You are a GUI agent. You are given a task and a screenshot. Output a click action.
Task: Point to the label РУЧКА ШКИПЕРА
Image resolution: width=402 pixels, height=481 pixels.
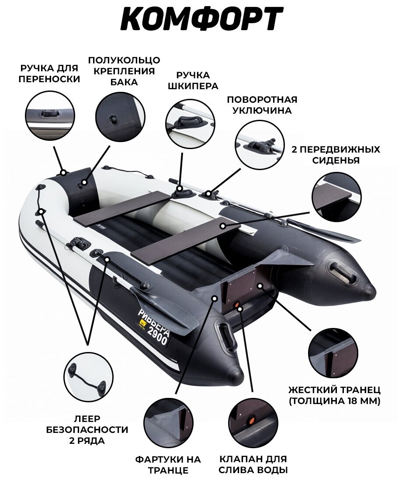(x=193, y=81)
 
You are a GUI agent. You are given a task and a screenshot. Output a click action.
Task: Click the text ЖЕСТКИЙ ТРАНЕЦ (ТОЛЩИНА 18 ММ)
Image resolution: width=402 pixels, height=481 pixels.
(x=335, y=395)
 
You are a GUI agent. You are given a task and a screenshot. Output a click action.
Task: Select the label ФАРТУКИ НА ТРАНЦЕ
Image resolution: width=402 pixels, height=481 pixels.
(x=168, y=465)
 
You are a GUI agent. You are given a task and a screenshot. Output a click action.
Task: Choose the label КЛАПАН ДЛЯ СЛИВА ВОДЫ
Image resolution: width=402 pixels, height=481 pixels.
(x=253, y=465)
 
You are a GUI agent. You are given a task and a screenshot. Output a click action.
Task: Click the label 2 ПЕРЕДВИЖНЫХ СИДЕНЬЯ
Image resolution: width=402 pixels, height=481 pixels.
(x=336, y=155)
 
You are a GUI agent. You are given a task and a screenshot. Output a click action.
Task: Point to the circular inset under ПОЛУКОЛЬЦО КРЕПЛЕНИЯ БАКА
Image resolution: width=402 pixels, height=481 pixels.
(x=120, y=115)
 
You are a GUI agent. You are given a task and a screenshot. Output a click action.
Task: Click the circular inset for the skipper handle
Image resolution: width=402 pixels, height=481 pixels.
(x=191, y=124)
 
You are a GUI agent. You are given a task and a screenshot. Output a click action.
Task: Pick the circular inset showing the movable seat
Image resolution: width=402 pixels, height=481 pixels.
(x=337, y=197)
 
